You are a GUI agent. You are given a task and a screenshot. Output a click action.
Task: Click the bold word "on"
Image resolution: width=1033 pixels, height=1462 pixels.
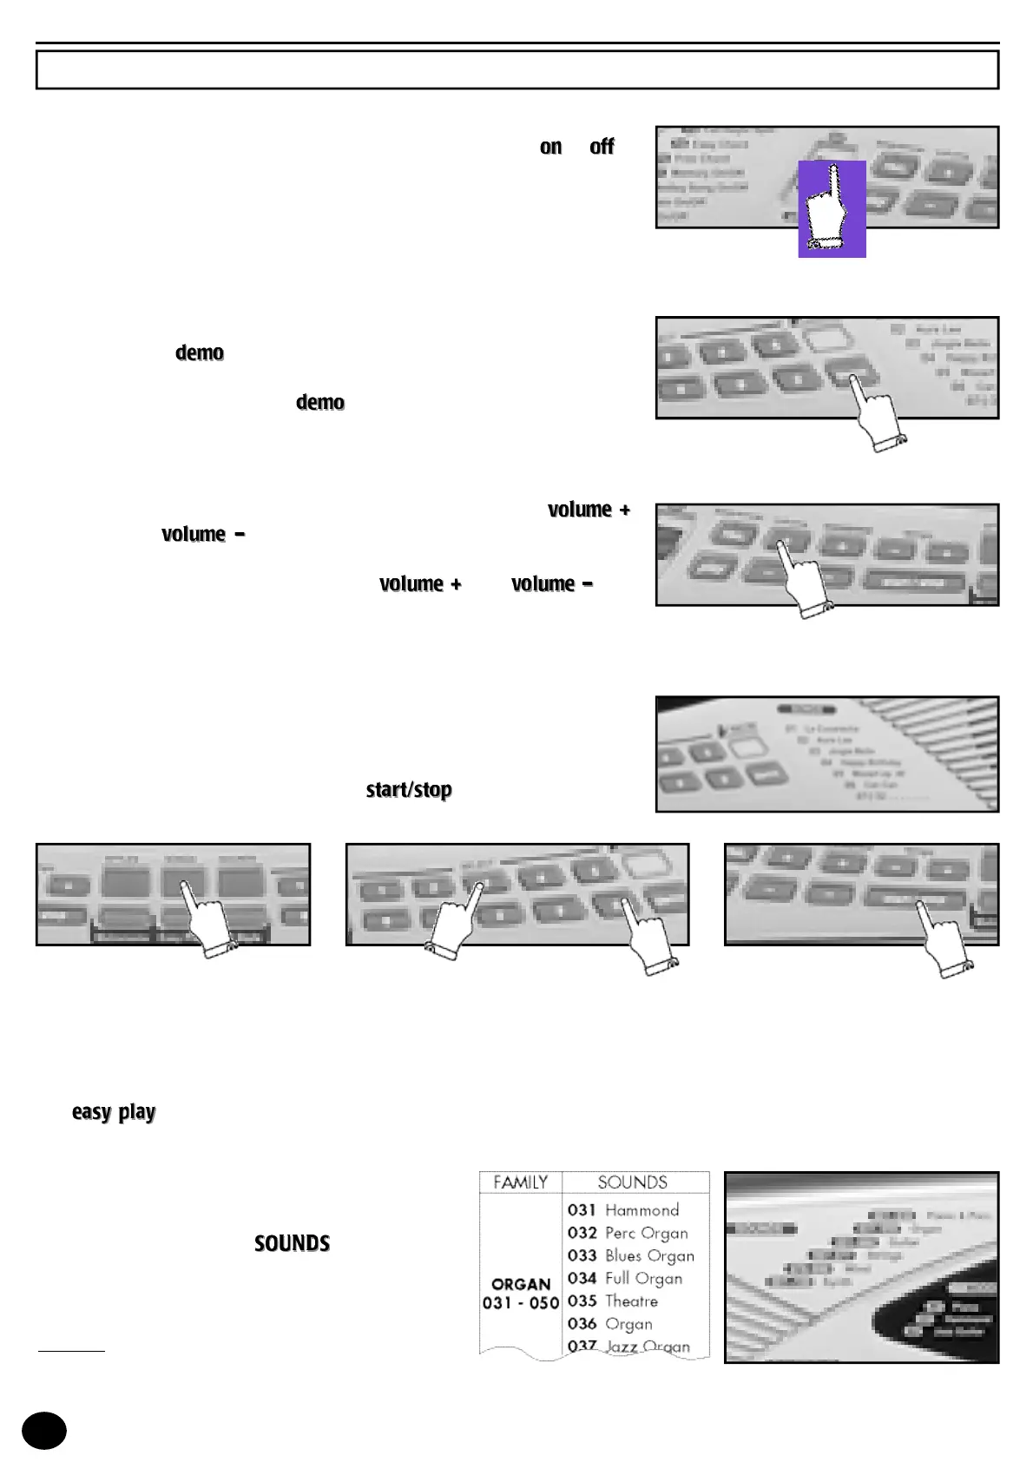point(550,147)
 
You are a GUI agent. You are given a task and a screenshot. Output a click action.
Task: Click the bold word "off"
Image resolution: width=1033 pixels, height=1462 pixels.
point(602,147)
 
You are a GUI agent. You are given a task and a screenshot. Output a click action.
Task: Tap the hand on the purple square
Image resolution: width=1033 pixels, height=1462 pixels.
point(831,208)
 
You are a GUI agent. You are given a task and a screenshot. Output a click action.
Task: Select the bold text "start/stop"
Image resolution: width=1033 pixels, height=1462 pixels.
point(409,789)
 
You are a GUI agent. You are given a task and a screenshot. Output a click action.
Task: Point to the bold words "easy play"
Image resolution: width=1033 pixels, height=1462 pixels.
point(114,1112)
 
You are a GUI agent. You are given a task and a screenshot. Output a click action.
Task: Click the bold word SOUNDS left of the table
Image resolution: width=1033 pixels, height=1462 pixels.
point(292,1243)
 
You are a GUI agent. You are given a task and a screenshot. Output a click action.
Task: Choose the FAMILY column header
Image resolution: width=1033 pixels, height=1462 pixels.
point(520,1182)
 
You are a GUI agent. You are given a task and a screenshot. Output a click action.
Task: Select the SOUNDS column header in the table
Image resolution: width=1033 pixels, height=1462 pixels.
point(633,1182)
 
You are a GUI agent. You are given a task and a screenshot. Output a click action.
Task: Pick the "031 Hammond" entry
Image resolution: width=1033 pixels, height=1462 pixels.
point(623,1210)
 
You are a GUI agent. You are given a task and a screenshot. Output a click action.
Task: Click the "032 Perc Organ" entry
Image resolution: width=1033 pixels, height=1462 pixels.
point(628,1233)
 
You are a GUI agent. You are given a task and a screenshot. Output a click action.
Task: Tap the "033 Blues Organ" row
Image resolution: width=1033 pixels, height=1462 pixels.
point(631,1255)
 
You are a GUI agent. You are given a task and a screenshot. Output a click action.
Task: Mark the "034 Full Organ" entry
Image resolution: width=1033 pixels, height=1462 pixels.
point(625,1278)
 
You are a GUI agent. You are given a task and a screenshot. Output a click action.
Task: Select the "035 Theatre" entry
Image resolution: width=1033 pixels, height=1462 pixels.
point(613,1301)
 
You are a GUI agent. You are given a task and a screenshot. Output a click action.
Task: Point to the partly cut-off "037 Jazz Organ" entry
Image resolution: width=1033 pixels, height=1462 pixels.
point(629,1346)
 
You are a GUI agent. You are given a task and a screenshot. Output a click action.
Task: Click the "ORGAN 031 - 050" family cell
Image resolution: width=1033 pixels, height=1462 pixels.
point(521,1294)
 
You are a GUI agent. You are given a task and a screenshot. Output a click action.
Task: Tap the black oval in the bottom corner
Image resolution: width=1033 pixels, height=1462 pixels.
point(43,1430)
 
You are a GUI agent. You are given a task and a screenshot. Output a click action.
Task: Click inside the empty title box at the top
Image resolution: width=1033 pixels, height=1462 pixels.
point(516,69)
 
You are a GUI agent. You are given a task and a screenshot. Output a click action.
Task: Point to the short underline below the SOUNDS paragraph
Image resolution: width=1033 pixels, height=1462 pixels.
point(71,1351)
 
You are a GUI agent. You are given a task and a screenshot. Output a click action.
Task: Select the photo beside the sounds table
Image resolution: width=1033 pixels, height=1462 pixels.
point(861,1267)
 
